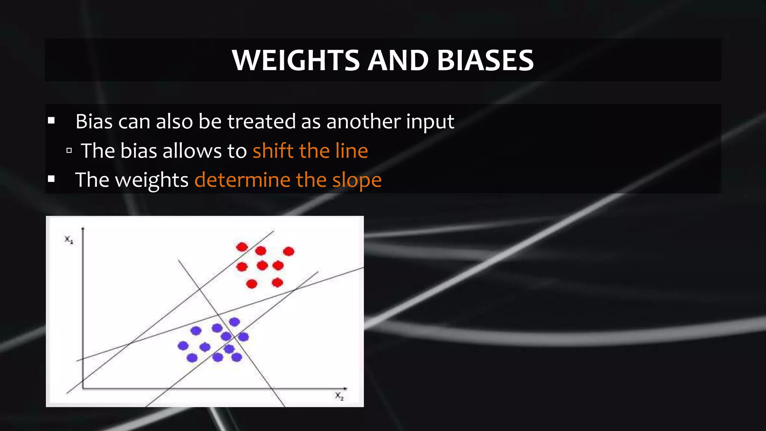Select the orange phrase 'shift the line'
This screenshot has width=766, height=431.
(x=310, y=151)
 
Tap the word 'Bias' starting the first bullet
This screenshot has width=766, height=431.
(x=94, y=122)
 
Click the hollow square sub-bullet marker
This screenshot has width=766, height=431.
(x=69, y=151)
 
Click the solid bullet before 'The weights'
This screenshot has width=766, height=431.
(x=52, y=180)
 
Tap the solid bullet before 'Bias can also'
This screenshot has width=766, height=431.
(x=52, y=121)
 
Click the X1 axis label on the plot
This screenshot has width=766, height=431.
(x=69, y=239)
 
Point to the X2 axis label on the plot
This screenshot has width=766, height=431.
(x=339, y=396)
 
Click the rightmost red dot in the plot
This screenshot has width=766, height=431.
(x=288, y=251)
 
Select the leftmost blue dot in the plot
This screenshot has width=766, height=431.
(x=183, y=346)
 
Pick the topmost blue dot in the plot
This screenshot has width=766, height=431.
(x=234, y=322)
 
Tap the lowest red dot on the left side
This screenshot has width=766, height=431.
(x=252, y=284)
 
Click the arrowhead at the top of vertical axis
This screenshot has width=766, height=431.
(x=83, y=228)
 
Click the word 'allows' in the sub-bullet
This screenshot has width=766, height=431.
(x=192, y=151)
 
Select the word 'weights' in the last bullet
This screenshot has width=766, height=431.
(x=151, y=180)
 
